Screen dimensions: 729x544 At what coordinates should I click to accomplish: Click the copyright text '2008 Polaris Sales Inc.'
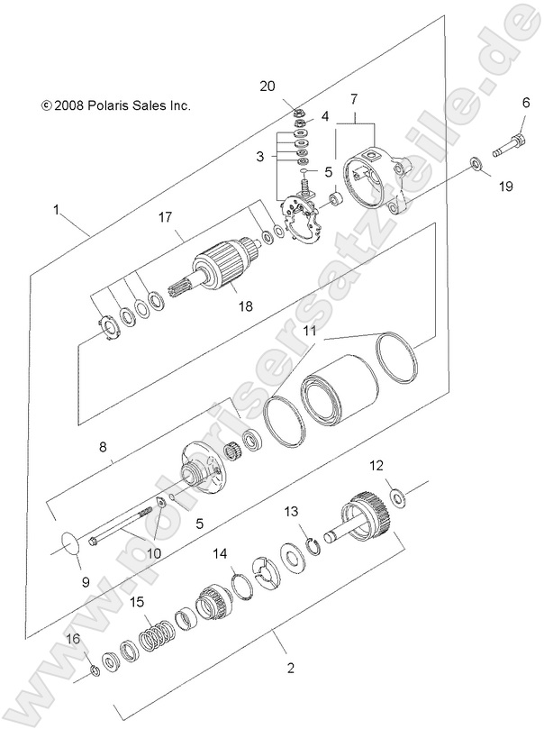pyautogui.click(x=115, y=105)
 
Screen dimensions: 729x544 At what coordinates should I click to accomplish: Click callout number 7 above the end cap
pyautogui.click(x=354, y=96)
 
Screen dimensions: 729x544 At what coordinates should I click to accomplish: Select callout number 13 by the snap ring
pyautogui.click(x=290, y=512)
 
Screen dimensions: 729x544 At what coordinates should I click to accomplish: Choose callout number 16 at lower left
pyautogui.click(x=73, y=638)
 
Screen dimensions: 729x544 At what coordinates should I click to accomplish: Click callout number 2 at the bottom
pyautogui.click(x=290, y=668)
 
